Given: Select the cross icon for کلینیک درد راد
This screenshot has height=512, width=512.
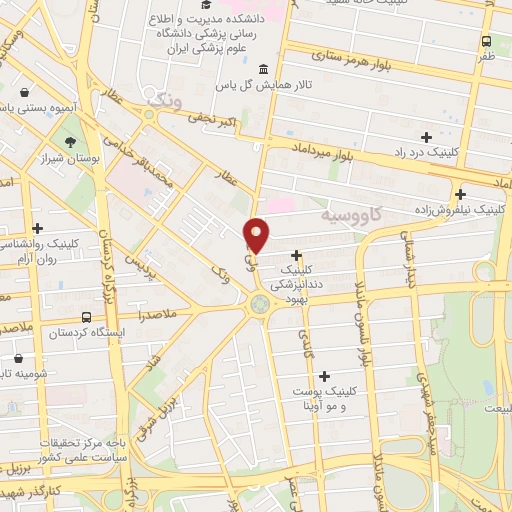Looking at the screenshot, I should click(x=427, y=136).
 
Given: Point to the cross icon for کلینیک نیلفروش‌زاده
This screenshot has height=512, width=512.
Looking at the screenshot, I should click(x=460, y=194).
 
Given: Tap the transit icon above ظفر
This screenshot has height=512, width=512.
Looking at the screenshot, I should click(x=485, y=42).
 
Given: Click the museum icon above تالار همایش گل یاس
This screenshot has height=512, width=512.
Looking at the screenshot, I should click(x=262, y=69).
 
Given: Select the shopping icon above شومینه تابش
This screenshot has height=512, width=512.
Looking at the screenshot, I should click(x=20, y=358).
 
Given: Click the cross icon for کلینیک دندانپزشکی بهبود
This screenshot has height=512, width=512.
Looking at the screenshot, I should click(x=296, y=255).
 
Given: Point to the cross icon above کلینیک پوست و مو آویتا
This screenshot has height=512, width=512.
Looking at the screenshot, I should click(x=324, y=376).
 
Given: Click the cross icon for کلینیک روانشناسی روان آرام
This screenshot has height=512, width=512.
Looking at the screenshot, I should click(x=38, y=229).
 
